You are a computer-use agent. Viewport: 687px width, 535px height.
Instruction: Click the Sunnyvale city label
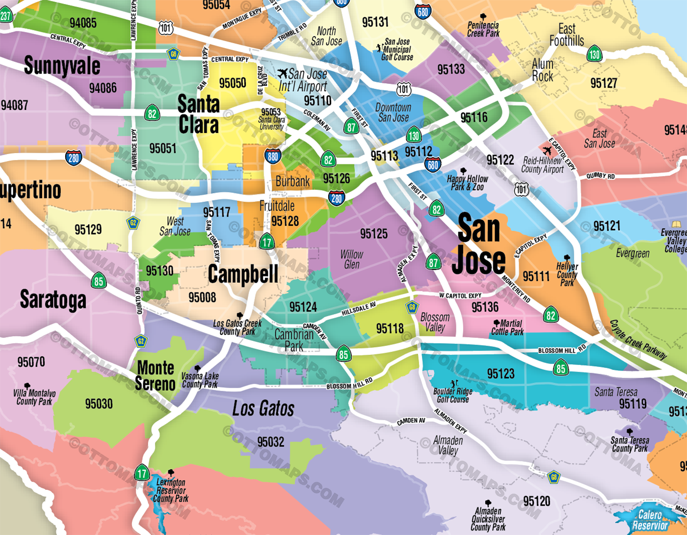click(x=62, y=66)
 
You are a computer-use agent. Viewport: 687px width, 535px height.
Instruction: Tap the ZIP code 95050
click(x=233, y=83)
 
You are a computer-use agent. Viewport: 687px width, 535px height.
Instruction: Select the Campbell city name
click(x=243, y=274)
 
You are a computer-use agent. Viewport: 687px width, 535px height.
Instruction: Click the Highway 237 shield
click(x=5, y=16)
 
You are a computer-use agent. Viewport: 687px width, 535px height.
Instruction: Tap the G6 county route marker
click(x=173, y=54)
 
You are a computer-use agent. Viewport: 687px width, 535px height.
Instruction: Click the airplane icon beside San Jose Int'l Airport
click(x=282, y=74)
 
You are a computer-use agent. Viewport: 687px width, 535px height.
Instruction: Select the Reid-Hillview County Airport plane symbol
click(x=547, y=151)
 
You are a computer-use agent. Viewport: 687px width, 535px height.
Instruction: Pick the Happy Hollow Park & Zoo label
click(x=467, y=183)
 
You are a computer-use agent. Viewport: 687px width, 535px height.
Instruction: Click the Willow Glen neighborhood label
click(x=351, y=259)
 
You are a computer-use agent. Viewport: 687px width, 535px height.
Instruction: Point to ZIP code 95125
click(x=373, y=234)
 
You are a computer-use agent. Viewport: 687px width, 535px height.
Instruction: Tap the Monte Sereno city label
click(x=156, y=375)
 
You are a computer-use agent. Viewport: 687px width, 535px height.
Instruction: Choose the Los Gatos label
click(x=263, y=408)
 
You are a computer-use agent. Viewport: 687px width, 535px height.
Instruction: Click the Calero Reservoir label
click(x=650, y=520)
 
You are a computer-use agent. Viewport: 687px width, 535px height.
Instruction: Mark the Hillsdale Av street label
click(x=358, y=309)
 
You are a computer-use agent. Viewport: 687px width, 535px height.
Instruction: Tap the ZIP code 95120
click(x=536, y=501)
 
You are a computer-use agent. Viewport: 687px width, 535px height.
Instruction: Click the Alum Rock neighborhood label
click(x=542, y=70)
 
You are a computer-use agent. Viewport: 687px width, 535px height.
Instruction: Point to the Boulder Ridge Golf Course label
click(x=452, y=395)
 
